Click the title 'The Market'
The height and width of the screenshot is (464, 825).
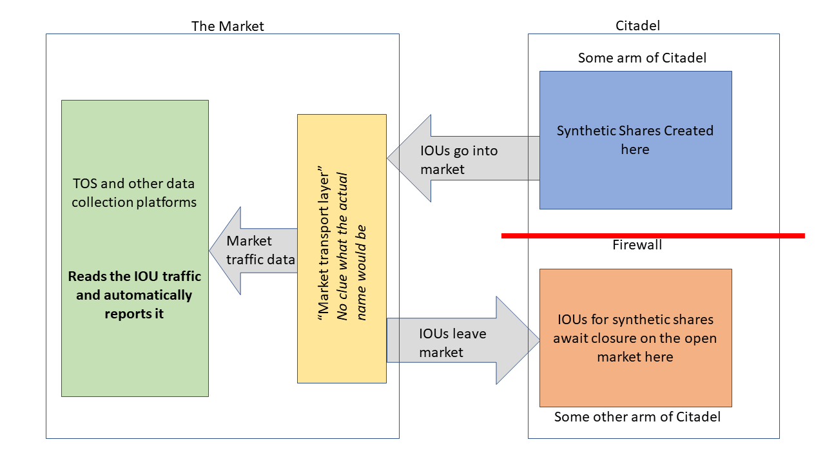pos(228,26)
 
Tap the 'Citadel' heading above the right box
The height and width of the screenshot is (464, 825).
pos(638,25)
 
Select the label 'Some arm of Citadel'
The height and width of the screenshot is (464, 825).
pos(642,58)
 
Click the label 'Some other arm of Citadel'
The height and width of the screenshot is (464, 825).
pos(637,417)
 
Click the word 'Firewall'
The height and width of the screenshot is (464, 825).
pos(637,246)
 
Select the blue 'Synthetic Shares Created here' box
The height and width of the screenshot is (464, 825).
pos(636,174)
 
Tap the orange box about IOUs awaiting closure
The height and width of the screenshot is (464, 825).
pos(636,380)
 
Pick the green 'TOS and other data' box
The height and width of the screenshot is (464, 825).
pos(135,361)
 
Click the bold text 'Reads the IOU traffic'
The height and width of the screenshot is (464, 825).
pos(135,276)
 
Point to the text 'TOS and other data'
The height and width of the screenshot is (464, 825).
pos(134,183)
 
